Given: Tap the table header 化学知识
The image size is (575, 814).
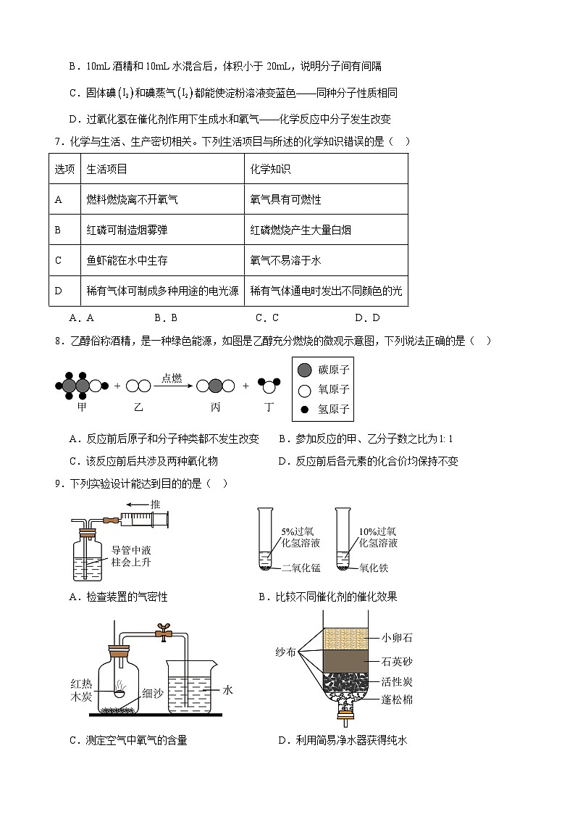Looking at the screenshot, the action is click(x=270, y=169).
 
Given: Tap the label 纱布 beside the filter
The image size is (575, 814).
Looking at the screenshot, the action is click(x=286, y=652).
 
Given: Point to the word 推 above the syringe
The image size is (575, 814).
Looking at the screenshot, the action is click(x=154, y=504).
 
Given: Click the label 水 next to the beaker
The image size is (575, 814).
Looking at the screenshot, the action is click(x=227, y=690).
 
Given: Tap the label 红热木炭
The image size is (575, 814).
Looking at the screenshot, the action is click(x=81, y=692).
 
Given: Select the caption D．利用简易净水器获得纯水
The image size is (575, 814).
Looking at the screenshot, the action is click(x=343, y=740).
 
